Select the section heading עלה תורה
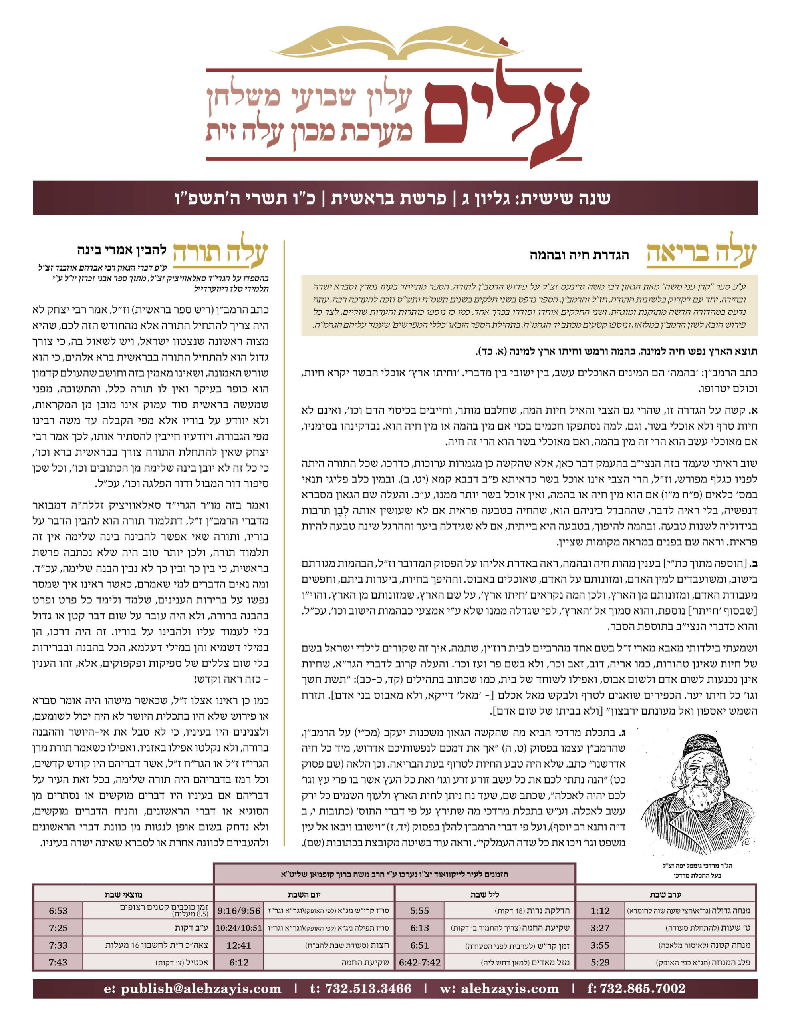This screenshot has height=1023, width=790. pyautogui.click(x=220, y=254)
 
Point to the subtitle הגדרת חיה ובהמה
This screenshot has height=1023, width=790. pyautogui.click(x=579, y=255)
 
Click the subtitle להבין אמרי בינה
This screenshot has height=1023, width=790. pyautogui.click(x=122, y=250)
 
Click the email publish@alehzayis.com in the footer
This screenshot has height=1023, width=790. pyautogui.click(x=193, y=989)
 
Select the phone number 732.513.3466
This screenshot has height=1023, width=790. pyautogui.click(x=361, y=989)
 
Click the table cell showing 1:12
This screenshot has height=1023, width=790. pyautogui.click(x=600, y=911)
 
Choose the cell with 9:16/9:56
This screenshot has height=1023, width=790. pyautogui.click(x=238, y=911)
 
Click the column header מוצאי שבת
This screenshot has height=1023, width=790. pyautogui.click(x=124, y=894)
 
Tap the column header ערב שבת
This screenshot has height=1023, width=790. pyautogui.click(x=665, y=894)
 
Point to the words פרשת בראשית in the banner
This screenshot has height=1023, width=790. pyautogui.click(x=388, y=198)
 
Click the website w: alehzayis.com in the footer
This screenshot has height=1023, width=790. pyautogui.click(x=499, y=989)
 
